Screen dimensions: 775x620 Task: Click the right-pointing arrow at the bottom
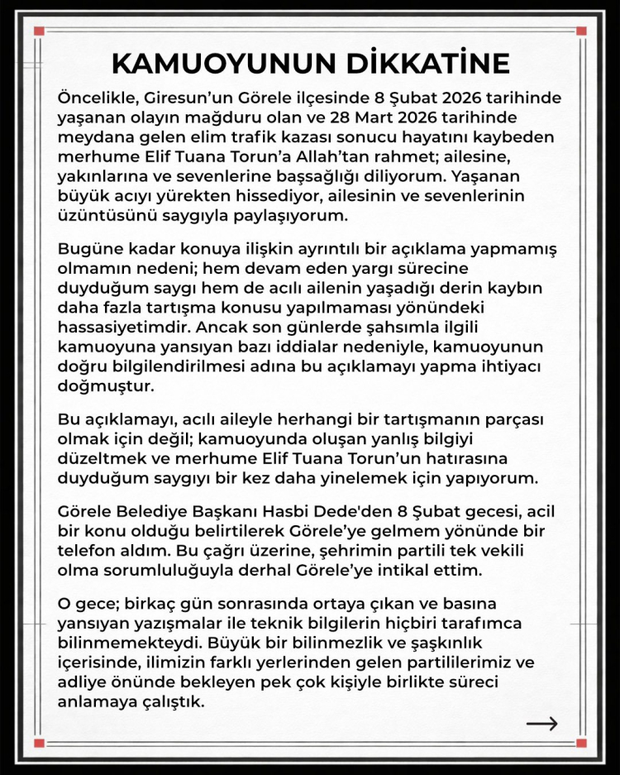pyautogui.click(x=541, y=725)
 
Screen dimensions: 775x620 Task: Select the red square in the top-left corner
pyautogui.click(x=39, y=31)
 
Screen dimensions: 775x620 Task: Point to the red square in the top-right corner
pyautogui.click(x=581, y=31)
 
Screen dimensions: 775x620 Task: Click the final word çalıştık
pyautogui.click(x=175, y=701)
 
